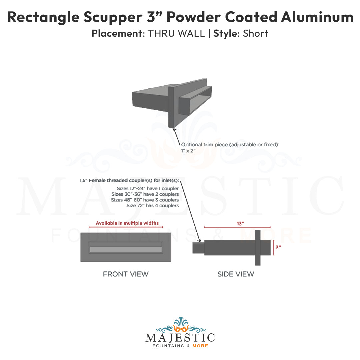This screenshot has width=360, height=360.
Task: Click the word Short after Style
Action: (256, 34)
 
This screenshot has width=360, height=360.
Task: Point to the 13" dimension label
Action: (240, 224)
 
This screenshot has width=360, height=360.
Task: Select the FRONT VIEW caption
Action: (126, 274)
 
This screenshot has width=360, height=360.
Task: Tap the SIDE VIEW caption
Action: (236, 274)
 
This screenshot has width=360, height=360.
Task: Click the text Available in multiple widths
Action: (127, 223)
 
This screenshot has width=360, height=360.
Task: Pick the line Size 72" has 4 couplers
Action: (153, 206)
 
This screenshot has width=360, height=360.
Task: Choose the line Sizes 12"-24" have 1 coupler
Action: (146, 189)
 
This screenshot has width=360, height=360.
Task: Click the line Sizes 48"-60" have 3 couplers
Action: (145, 200)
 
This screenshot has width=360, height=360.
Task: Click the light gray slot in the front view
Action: (126, 249)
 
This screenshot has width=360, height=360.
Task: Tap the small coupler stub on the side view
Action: (198, 248)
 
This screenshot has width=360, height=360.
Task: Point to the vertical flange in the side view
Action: (258, 248)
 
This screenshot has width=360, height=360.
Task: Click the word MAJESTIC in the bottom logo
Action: (180, 337)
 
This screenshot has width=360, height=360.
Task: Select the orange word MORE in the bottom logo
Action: (200, 346)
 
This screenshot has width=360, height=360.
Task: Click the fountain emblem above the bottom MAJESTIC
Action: (180, 324)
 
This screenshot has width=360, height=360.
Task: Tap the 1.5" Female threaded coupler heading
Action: (129, 180)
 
